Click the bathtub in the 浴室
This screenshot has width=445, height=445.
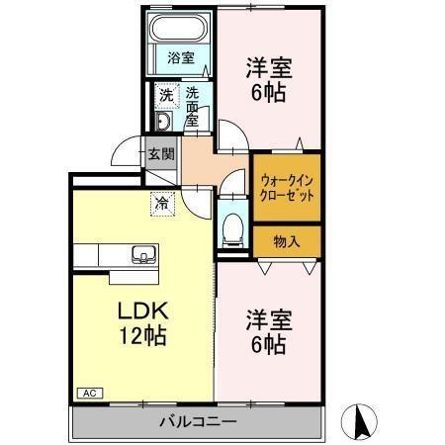[x=180, y=28]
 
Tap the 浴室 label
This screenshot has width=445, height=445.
[x=181, y=58]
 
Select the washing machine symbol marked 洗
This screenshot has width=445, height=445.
[x=167, y=96]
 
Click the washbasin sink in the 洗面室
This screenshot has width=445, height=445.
[x=163, y=121]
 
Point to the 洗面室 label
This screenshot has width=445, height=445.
[x=192, y=107]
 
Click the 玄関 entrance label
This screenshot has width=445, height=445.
[x=161, y=154]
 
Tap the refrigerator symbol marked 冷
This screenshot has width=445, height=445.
[x=162, y=204]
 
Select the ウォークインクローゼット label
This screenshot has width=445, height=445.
[x=287, y=188]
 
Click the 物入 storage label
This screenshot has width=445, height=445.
[x=287, y=242]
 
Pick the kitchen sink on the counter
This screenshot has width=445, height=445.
[x=144, y=254]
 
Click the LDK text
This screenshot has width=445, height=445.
[x=143, y=311]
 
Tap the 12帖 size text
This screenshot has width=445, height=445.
[x=142, y=336]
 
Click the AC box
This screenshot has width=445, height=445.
[x=90, y=393]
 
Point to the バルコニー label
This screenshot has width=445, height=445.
[x=198, y=421]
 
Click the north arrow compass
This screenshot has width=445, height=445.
[x=359, y=422]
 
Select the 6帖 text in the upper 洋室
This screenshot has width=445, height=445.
[x=269, y=93]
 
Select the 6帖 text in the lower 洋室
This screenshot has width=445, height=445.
[x=269, y=345]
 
